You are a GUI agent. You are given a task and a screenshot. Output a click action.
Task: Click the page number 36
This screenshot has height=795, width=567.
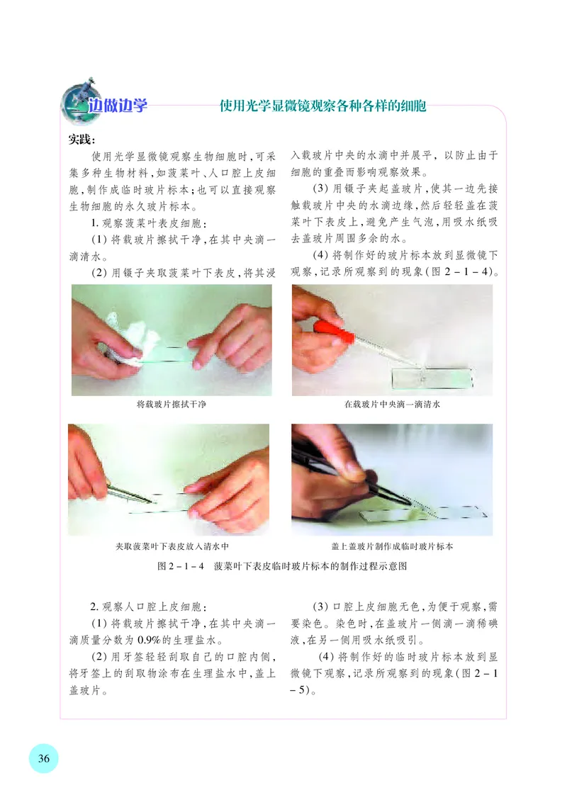pyautogui.click(x=43, y=758)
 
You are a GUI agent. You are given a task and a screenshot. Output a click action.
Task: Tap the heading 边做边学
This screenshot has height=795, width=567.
pyautogui.click(x=118, y=107)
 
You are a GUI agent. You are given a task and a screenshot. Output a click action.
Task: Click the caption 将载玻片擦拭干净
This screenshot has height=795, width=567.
pyautogui.click(x=171, y=405)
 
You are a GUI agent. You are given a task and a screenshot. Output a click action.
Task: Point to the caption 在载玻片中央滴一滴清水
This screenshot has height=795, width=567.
pyautogui.click(x=392, y=405)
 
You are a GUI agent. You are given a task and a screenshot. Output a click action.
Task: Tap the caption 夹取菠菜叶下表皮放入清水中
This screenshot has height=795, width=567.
pyautogui.click(x=168, y=547)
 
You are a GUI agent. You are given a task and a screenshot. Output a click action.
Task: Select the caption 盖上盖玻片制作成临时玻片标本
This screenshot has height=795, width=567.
pyautogui.click(x=392, y=547)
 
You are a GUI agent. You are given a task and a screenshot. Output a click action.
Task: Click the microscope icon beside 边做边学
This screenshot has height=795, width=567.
pyautogui.click(x=74, y=103)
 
